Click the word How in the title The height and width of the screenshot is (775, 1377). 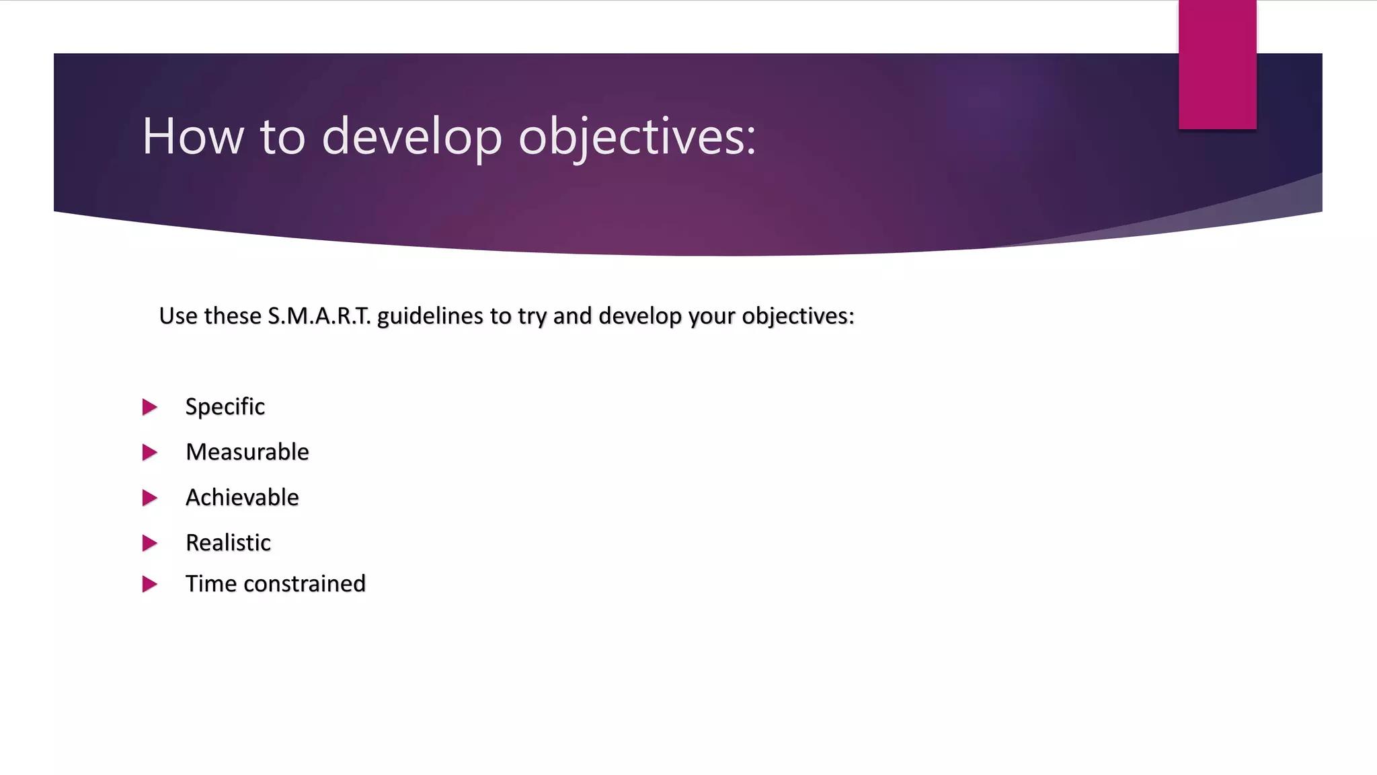pos(193,137)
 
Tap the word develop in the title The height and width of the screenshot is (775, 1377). pos(411,137)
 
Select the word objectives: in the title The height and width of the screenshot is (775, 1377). pos(637,137)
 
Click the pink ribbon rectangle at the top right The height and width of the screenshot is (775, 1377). pos(1217,64)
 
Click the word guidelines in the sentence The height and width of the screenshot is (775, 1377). pos(430,316)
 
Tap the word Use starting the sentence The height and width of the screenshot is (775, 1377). pos(177,316)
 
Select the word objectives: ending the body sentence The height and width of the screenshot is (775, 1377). pos(797,316)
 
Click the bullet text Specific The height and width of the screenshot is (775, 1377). pos(225,406)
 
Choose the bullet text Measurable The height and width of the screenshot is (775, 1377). pos(247,452)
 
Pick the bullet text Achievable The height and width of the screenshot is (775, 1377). pos(242,497)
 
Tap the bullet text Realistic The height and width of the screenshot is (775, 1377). pos(228,542)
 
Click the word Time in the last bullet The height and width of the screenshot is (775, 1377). pos(210,583)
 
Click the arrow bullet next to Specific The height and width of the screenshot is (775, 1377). pos(149,407)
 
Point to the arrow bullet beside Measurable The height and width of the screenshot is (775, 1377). pos(149,452)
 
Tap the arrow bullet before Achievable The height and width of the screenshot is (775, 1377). pos(149,498)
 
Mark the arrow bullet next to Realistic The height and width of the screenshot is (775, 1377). pos(149,543)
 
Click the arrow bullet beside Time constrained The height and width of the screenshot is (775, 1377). pos(149,584)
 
